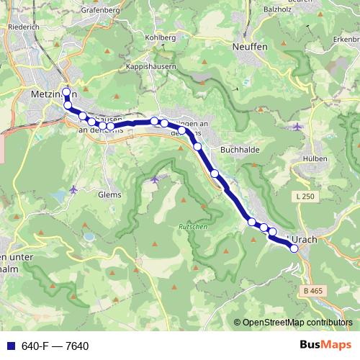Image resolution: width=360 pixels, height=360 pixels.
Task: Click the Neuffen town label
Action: coord(250,45)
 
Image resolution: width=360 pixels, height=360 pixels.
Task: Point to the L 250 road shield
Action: coord(305,196)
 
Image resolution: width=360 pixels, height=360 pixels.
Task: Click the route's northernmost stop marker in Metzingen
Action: coord(66,92)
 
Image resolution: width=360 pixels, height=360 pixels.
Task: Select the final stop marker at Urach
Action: coord(294,248)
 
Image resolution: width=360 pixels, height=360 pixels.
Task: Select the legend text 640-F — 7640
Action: coord(55,346)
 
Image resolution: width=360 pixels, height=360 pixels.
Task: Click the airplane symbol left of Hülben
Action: coord(298,127)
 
